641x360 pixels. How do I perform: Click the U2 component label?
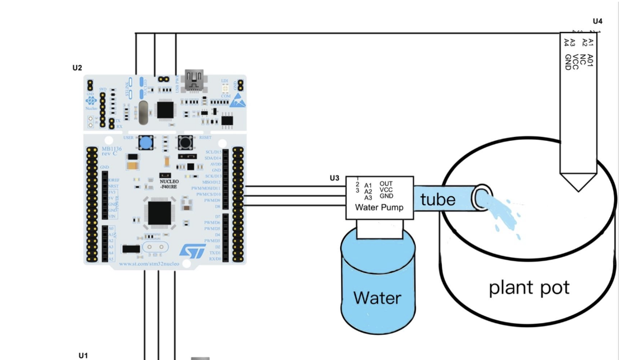[x=77, y=68]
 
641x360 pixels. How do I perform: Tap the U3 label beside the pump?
[x=334, y=178]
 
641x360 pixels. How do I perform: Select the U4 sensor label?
[x=597, y=21]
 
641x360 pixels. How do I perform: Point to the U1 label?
[x=83, y=355]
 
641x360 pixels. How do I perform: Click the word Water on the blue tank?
[x=377, y=297]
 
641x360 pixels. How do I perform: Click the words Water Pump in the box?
[x=379, y=207]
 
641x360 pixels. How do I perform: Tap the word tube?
[x=437, y=199]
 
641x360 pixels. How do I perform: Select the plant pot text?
[x=529, y=288]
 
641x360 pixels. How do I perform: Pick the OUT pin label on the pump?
[x=386, y=183]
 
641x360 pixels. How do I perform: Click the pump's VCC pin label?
[x=386, y=190]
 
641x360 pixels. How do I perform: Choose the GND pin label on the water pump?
[x=386, y=197]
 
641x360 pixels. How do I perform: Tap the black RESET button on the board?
[x=185, y=143]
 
